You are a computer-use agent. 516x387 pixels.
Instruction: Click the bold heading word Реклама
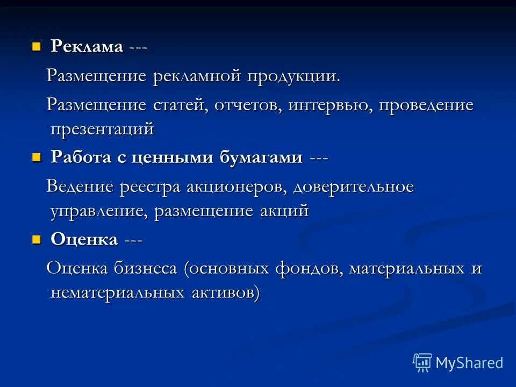pos(87,47)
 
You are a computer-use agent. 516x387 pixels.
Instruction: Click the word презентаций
pos(102,130)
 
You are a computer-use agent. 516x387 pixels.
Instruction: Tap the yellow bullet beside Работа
pos(37,157)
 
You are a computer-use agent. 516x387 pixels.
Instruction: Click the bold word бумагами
pos(261,158)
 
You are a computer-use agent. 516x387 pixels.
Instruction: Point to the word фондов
pos(307,268)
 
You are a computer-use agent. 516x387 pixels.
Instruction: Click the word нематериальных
pos(118,293)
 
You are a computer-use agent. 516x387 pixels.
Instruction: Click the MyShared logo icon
pos(422,363)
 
